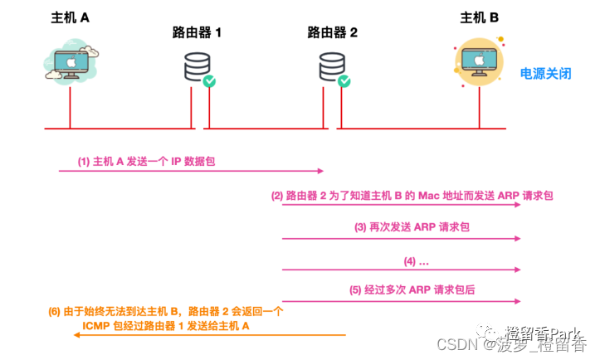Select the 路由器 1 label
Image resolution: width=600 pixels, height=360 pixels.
tap(197, 33)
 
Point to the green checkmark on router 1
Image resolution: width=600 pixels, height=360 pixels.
tap(210, 81)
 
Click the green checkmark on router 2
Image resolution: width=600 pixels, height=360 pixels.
tap(344, 81)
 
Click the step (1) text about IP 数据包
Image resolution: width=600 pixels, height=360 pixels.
tap(146, 161)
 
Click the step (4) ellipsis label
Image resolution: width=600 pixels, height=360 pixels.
tap(416, 260)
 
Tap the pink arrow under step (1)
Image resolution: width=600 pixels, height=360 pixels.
tap(191, 171)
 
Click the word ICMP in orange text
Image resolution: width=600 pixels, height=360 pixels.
tap(96, 326)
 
